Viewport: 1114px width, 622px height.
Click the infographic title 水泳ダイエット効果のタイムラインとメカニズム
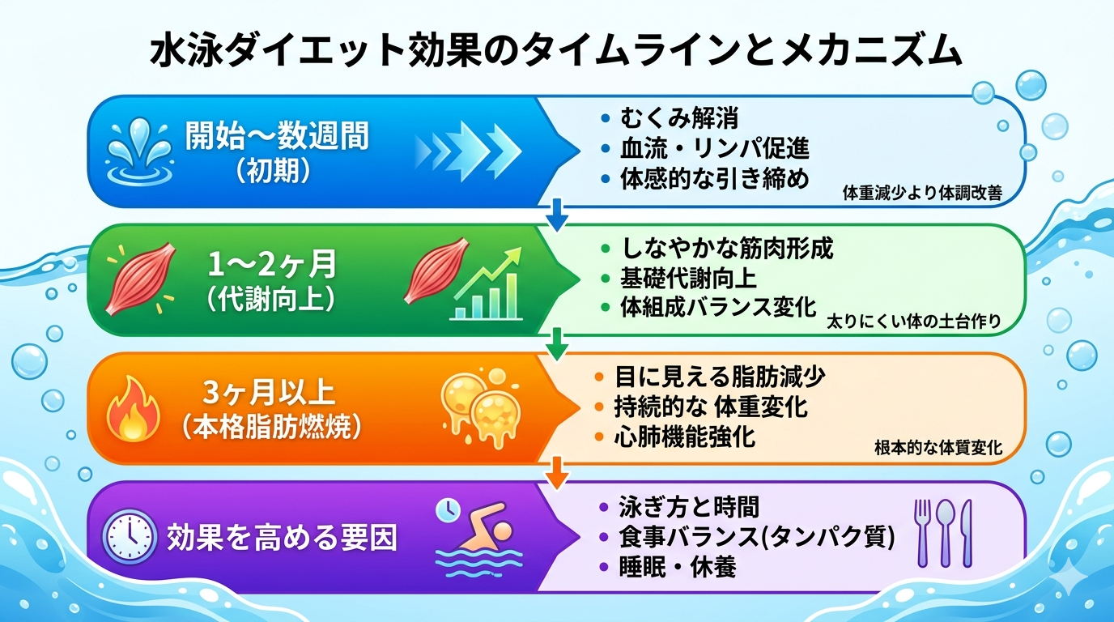pos(557,51)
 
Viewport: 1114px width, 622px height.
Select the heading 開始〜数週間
pos(277,136)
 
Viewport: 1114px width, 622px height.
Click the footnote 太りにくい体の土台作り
pos(913,322)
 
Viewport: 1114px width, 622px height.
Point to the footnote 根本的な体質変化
pos(938,447)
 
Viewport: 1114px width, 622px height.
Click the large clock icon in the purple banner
pos(130,536)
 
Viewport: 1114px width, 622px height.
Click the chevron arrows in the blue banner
pos(468,150)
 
